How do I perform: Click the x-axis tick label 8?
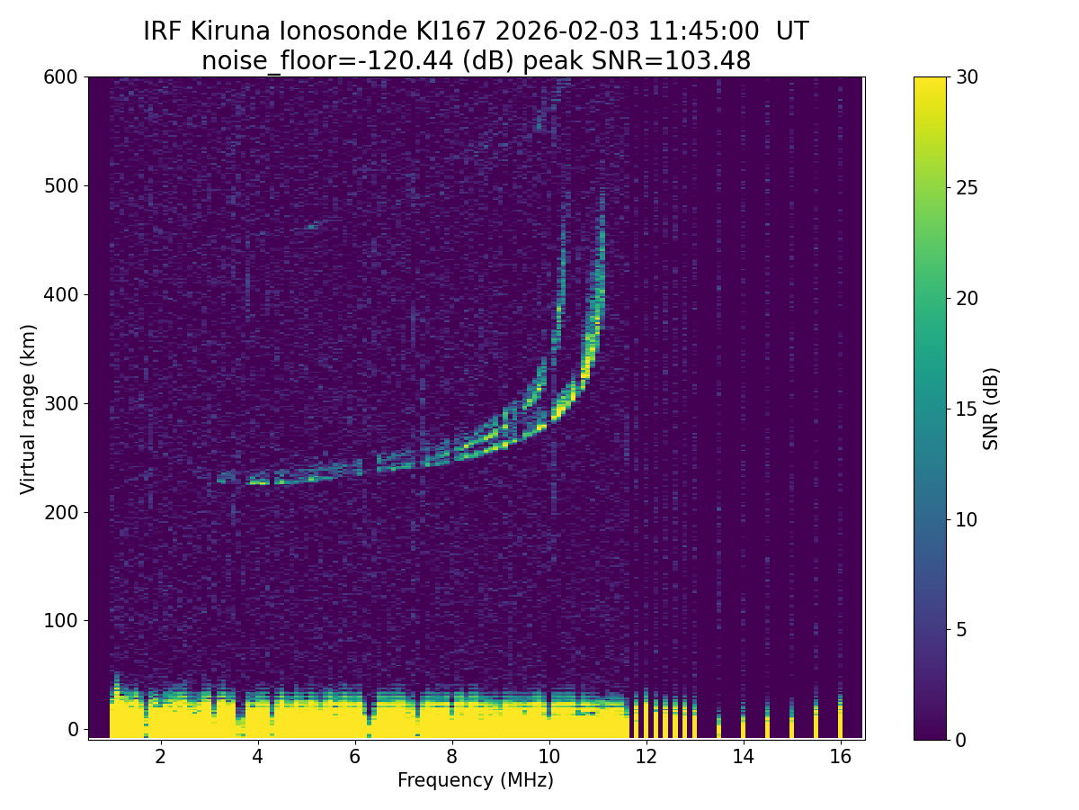pos(451,757)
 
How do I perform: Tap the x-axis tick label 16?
pos(840,757)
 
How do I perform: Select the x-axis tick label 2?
pos(160,757)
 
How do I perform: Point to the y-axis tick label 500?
pos(60,186)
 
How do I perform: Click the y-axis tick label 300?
pos(60,403)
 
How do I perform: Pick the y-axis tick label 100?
pos(60,621)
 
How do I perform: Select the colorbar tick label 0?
pos(959,740)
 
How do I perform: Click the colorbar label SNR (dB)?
pos(991,409)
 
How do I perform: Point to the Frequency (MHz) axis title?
pos(476,780)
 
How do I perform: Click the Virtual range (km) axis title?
pos(29,409)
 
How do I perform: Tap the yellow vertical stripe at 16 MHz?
pos(840,720)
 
